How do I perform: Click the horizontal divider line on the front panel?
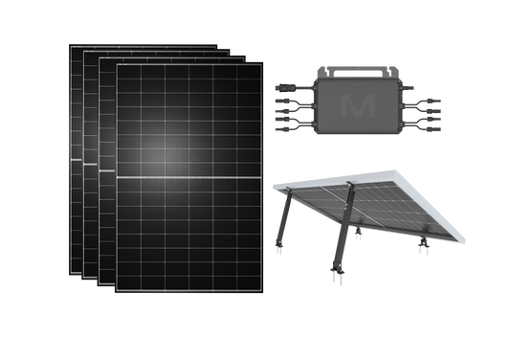pyautogui.click(x=187, y=179)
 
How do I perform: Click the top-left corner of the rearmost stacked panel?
pyautogui.click(x=70, y=42)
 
